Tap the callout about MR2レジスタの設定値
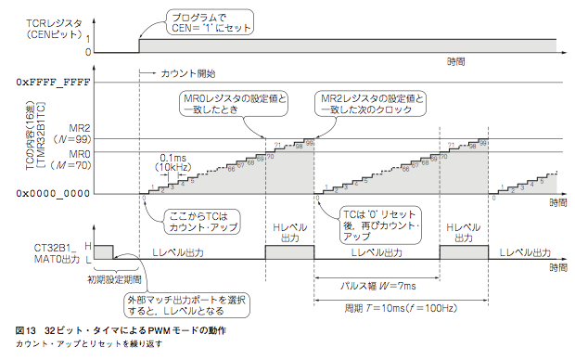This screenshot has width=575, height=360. pyautogui.click(x=372, y=103)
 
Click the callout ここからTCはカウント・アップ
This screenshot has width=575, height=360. pyautogui.click(x=200, y=220)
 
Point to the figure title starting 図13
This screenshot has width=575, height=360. pyautogui.click(x=121, y=331)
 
